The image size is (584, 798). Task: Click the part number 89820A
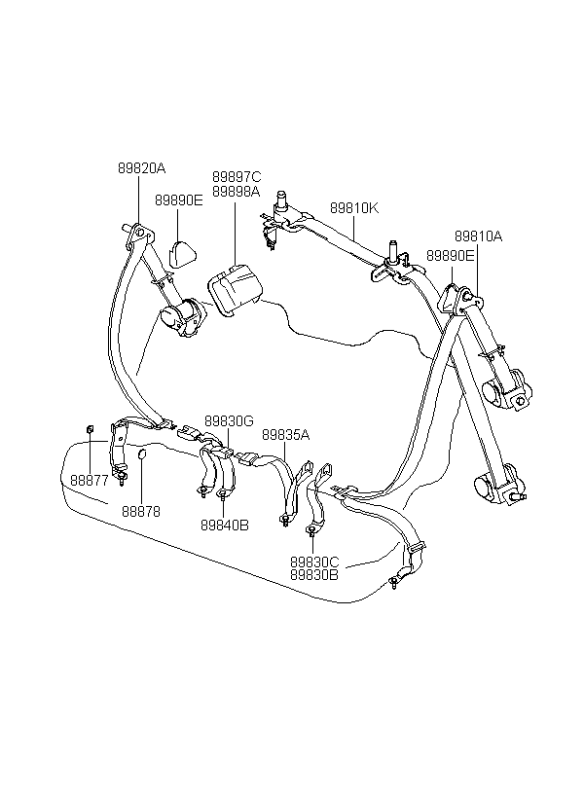142,168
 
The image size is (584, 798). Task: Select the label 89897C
237,177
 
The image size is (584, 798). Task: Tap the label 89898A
237,192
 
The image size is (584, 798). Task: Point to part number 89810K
354,208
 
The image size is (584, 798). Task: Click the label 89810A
478,236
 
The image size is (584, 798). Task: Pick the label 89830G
229,420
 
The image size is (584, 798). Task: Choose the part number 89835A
285,435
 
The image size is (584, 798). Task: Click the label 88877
90,481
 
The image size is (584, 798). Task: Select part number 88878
141,511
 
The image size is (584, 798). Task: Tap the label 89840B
225,526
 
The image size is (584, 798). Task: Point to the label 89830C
314,562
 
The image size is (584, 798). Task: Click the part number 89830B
314,575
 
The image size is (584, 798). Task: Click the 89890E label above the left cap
179,200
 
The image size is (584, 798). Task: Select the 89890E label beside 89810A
450,256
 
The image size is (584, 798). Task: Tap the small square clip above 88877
90,428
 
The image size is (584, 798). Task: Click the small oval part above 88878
142,453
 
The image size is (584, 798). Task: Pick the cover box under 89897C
235,290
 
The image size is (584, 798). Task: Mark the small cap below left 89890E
182,254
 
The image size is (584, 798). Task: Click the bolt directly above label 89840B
223,492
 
